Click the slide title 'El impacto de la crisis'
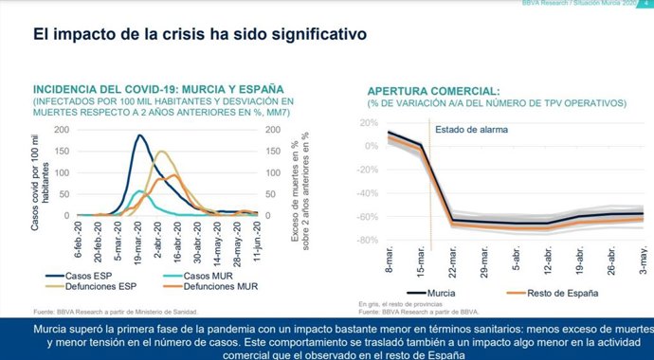coord(199,36)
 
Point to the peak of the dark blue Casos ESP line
coord(140,135)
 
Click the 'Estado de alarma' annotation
coord(472,130)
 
